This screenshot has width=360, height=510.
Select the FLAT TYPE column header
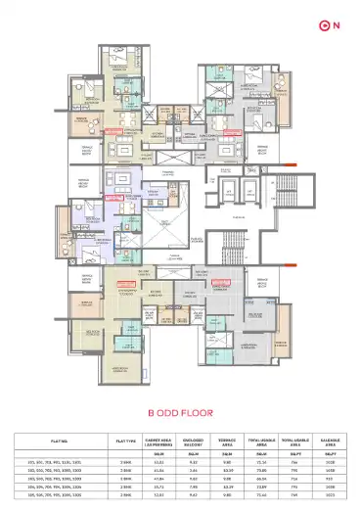(124, 441)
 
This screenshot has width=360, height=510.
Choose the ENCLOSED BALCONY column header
(194, 441)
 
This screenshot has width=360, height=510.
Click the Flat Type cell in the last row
(124, 495)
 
